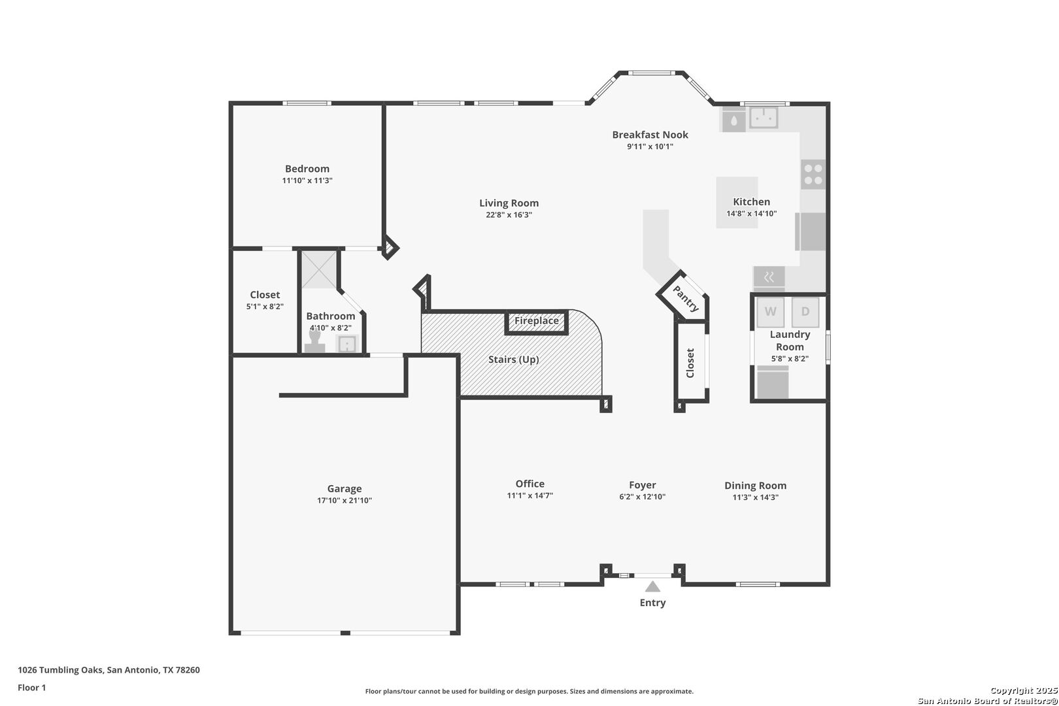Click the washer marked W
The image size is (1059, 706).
tap(770, 312)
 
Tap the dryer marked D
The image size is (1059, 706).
tap(805, 312)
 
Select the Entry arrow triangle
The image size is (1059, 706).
tap(652, 586)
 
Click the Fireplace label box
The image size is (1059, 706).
tap(537, 322)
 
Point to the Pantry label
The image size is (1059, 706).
tap(686, 299)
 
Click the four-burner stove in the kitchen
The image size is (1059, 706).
tap(813, 174)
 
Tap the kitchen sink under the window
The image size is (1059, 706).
tap(764, 118)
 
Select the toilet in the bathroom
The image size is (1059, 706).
tap(314, 342)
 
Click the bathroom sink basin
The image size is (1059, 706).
tap(347, 344)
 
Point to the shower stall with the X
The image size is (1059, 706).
tap(319, 269)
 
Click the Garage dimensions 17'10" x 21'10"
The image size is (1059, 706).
tap(344, 500)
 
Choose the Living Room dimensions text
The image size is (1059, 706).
tap(509, 214)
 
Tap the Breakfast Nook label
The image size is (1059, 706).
tap(650, 135)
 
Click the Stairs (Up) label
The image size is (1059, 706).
tap(513, 360)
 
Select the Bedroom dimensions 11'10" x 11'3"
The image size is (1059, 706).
tap(307, 180)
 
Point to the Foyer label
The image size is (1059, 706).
tap(643, 484)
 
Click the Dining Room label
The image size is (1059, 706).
tap(756, 486)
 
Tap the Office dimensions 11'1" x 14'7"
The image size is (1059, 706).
tap(530, 496)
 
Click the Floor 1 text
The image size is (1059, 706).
tap(31, 688)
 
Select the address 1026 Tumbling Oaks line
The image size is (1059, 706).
tap(109, 670)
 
